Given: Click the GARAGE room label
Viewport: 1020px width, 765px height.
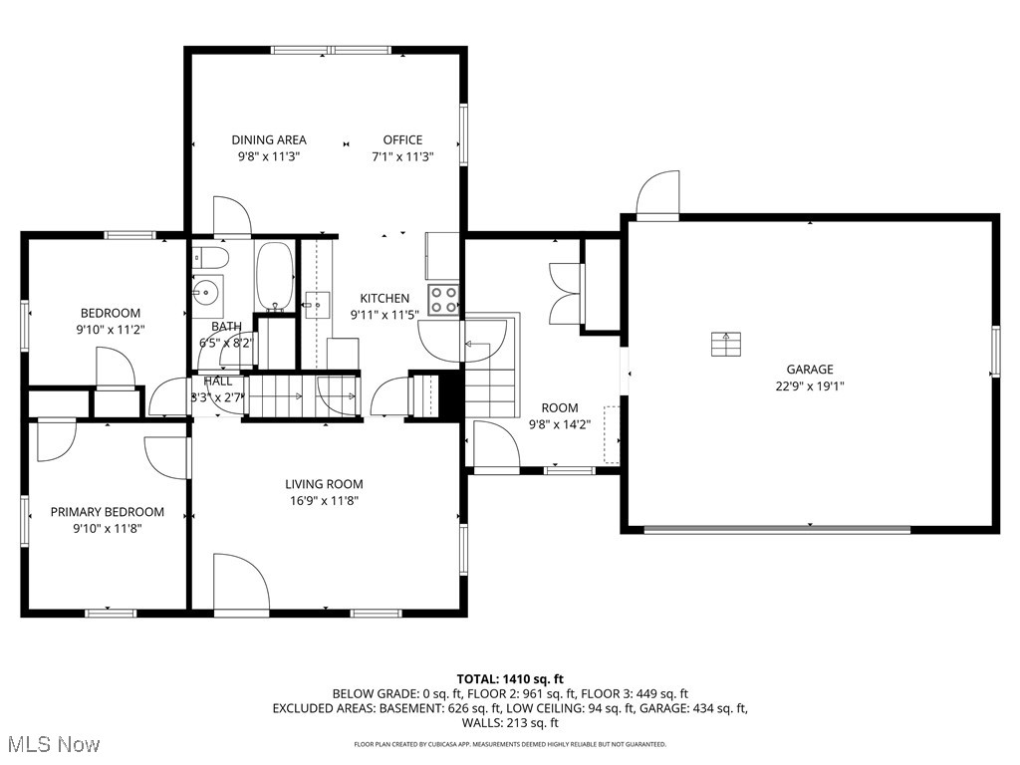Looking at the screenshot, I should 809,370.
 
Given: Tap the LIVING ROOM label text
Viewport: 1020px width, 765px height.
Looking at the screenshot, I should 324,485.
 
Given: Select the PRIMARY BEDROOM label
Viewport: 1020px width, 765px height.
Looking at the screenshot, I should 108,512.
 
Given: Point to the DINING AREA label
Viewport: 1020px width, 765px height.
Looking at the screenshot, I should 269,140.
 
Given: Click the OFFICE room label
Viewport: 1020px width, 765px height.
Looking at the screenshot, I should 403,140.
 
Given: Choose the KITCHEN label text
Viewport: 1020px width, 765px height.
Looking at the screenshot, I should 384,298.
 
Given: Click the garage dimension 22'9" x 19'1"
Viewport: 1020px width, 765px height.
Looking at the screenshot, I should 809,386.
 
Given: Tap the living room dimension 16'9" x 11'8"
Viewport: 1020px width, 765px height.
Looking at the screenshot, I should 324,501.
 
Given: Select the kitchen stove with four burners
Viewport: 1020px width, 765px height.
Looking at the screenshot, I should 444,299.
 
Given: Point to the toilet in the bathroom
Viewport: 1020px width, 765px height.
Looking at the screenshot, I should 211,258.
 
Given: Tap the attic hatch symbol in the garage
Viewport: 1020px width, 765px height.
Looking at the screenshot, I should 726,344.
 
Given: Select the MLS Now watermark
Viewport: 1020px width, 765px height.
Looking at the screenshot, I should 51,744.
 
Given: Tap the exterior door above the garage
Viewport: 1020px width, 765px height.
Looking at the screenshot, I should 658,195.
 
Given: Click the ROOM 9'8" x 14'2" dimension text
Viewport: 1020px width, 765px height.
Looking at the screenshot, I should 560,423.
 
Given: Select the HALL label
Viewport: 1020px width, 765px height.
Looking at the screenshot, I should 218,381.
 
